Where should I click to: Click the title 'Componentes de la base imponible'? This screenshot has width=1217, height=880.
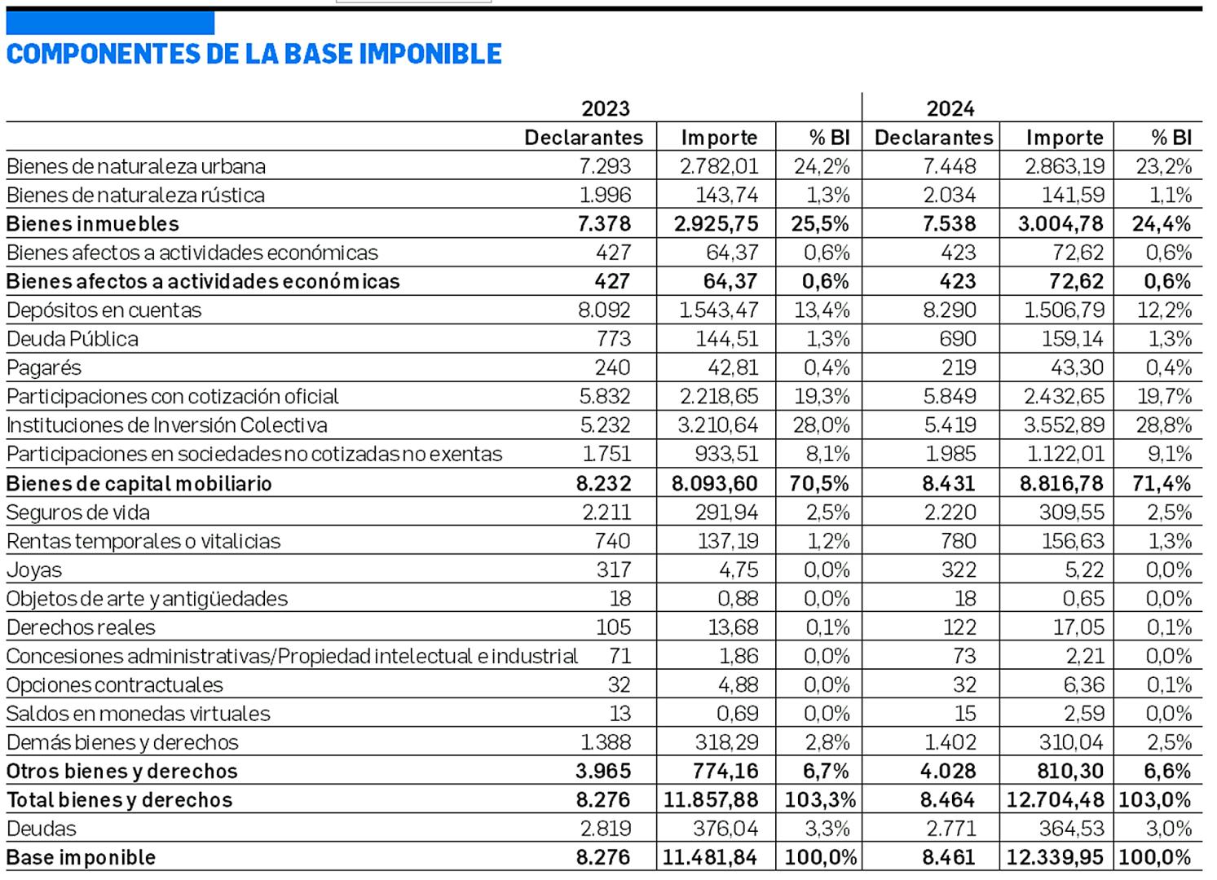(254, 54)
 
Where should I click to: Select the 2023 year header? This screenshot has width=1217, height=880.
(605, 108)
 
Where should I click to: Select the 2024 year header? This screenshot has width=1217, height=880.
(950, 108)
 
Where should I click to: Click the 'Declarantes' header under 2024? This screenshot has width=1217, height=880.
(933, 138)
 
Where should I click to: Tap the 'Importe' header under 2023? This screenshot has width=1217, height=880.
(719, 138)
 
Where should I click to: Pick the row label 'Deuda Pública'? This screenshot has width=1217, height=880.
(73, 339)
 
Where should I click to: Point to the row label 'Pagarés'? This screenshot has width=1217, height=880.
(44, 367)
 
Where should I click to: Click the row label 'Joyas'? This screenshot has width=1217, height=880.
(34, 570)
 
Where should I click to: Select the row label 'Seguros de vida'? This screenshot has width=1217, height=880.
(78, 513)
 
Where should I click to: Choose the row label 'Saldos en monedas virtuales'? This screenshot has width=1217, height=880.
(139, 714)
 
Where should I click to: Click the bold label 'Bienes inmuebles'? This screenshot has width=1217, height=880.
(93, 224)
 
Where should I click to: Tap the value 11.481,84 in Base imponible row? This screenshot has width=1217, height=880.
(710, 857)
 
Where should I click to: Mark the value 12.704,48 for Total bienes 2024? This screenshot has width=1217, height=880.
(1056, 800)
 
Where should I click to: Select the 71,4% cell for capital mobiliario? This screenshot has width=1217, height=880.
(1161, 483)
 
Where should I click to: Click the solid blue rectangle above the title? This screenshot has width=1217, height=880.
(110, 23)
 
